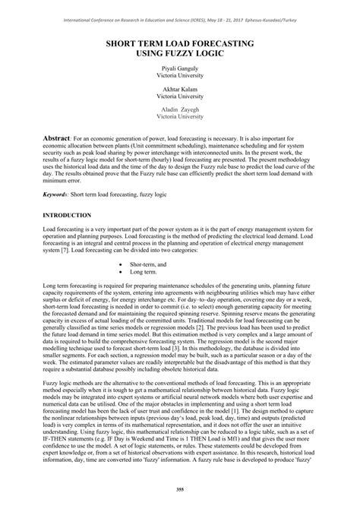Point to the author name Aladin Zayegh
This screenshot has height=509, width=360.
179,111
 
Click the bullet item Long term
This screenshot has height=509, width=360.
144,271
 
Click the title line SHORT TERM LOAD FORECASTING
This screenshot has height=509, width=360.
179,46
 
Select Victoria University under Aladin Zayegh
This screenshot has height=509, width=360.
179,118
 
